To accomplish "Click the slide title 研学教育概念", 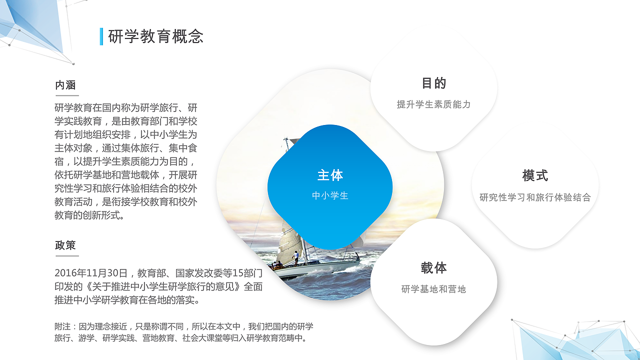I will coord(155,36).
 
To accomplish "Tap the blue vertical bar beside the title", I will coord(101,36).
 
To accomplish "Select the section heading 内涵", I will coord(65,85).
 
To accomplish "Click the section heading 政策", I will coord(65,245).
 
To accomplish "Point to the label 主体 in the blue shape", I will coord(330,175).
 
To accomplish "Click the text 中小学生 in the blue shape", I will coord(330,195).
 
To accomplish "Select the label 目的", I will coord(433,83).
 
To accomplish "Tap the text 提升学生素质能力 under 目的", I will coord(433,104).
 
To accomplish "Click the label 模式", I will coord(535,175).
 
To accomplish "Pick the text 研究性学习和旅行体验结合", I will coord(535,197).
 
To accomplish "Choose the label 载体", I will coord(433,268).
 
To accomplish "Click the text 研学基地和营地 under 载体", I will coord(433,289).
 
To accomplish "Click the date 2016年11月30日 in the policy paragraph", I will coord(91,273).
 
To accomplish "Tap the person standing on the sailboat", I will coord(296,257).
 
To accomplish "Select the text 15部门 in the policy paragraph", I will coord(243,273).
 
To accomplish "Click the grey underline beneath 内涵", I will coord(67,95).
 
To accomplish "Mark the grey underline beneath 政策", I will coord(67,255).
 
